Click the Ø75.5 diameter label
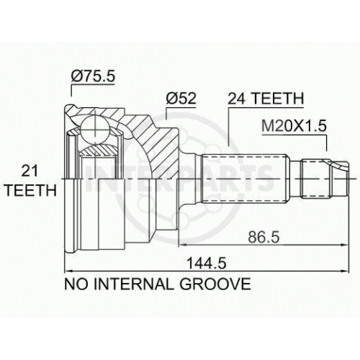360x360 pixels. [93, 76]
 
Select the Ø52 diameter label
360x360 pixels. [181, 99]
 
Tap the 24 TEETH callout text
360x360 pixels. [266, 99]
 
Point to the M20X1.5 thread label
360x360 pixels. [294, 126]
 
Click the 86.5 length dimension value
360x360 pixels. [264, 238]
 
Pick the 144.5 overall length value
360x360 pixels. [207, 264]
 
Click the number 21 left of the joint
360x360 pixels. [30, 171]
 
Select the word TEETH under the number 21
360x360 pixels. [31, 191]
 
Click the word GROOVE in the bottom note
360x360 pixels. [215, 284]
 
